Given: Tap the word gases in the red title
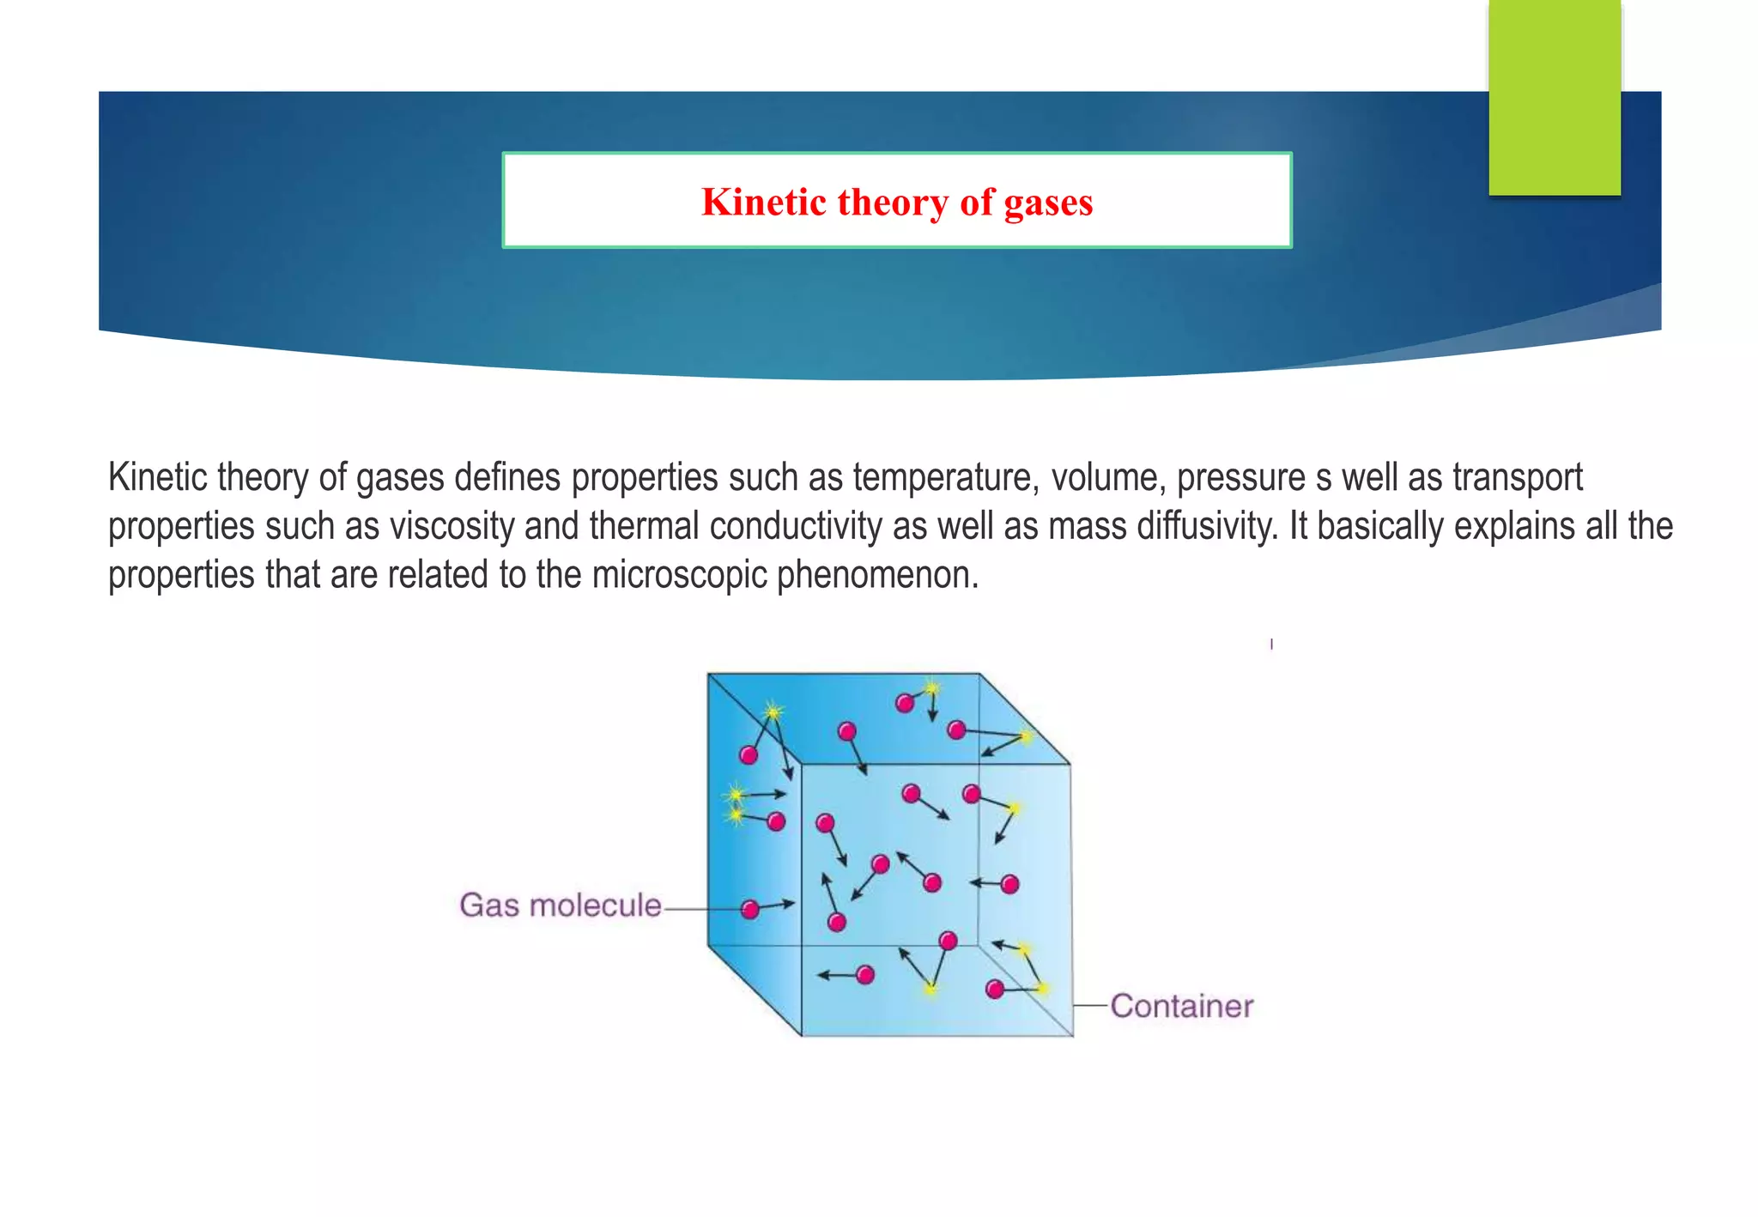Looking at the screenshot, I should (1048, 203).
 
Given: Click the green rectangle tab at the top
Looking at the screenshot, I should (1554, 97).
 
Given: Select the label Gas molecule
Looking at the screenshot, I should (561, 905).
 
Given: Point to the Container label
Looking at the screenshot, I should (1181, 1006).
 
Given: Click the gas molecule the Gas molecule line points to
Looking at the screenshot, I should (749, 910).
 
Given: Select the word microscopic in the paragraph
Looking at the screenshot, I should (679, 575).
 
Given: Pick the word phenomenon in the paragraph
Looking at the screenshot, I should (877, 575).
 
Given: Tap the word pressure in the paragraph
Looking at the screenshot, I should (1240, 477).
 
